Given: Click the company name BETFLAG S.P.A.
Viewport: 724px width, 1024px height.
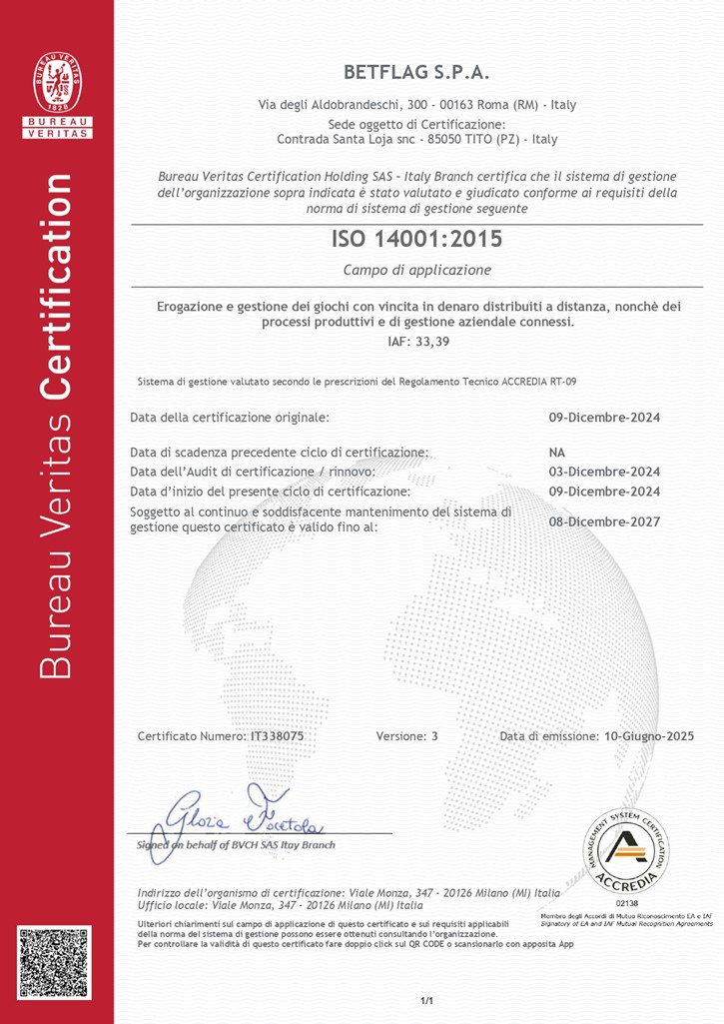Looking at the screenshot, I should (x=416, y=72).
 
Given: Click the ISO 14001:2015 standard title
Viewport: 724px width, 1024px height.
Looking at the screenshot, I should (x=416, y=239).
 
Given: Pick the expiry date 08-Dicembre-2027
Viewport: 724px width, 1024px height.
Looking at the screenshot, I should (x=605, y=520).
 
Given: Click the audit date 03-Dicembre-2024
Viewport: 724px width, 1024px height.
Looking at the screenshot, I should (x=605, y=472).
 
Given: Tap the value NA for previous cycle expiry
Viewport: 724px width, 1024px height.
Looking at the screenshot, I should (x=557, y=453).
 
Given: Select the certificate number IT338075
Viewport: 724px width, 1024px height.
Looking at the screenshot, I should (x=277, y=736).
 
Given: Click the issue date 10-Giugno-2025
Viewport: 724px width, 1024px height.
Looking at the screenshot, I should (x=649, y=736).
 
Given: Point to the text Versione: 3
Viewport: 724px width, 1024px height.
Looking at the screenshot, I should (x=407, y=736).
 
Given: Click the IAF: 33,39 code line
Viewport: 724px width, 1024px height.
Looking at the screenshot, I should (x=416, y=343).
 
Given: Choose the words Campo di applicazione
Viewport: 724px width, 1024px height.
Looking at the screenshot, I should (x=416, y=270).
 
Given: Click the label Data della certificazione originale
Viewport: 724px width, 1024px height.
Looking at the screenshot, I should (x=230, y=417).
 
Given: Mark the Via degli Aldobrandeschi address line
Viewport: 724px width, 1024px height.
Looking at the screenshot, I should (x=416, y=104).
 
